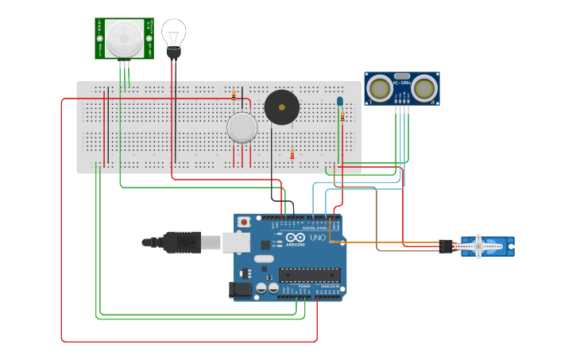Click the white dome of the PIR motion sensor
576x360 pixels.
(x=124, y=37)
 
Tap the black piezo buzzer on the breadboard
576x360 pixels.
(x=282, y=106)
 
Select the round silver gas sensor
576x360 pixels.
(x=242, y=127)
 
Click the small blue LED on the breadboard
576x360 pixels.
(x=340, y=102)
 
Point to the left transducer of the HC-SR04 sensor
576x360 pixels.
(x=381, y=87)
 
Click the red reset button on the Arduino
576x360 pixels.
(x=245, y=221)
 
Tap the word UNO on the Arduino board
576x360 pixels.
(x=317, y=238)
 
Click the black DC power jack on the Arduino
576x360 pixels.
(x=241, y=291)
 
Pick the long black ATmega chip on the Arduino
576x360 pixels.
(x=309, y=275)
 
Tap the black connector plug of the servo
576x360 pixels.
(x=446, y=246)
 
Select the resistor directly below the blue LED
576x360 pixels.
(x=342, y=117)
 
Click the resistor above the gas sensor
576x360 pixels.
(x=234, y=95)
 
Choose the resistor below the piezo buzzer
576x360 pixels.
(x=292, y=154)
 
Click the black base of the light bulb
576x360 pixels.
(x=173, y=52)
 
